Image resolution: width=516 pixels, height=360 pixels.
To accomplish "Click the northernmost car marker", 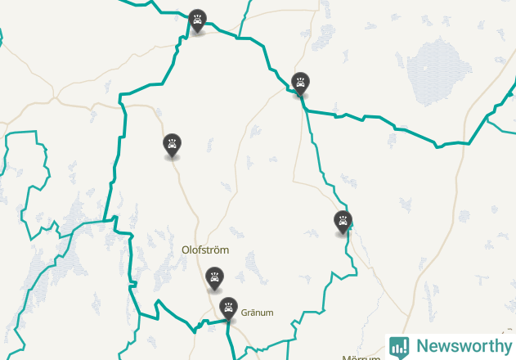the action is coord(197,20).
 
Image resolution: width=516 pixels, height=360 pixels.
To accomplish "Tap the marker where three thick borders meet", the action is coord(301,83).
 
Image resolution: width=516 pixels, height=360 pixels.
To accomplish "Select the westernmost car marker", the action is coord(173,145).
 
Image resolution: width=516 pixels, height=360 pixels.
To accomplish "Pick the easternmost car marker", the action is coord(343,221).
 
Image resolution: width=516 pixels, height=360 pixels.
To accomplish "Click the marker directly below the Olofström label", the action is coord(214,278).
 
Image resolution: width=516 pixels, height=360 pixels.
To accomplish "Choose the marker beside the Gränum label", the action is coord(228,308).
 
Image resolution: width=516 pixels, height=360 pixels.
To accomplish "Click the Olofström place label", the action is coord(205,250).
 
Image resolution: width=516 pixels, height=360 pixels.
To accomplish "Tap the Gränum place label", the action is coord(257,313).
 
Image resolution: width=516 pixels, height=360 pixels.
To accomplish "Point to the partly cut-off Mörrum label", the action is coord(361,357).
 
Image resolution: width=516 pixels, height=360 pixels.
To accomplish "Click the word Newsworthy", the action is coord(462,346).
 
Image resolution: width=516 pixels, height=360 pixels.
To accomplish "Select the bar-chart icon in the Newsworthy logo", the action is coord(399,346).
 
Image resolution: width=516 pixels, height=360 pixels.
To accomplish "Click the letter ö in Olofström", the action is coord(220,250).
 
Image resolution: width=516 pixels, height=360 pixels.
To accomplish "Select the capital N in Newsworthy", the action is coord(422,346).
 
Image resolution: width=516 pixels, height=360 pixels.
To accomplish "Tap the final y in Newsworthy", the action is coord(505,348).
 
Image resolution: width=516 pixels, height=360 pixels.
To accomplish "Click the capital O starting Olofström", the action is coord(186,250).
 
